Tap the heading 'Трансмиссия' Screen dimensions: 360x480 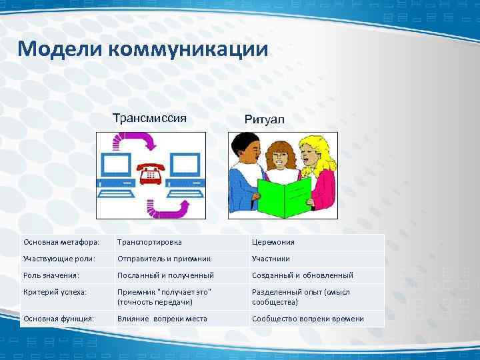[x=149, y=119]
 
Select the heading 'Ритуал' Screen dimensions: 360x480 [x=264, y=119]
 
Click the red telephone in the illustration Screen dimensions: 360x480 [x=151, y=175]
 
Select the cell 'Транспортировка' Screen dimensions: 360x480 [x=150, y=242]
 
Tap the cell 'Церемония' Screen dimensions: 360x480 [x=273, y=242]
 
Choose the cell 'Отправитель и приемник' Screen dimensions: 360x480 [x=164, y=259]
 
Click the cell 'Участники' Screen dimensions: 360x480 [x=271, y=259]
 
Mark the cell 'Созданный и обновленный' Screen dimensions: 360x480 [x=302, y=275]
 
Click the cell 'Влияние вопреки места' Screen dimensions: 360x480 [x=162, y=319]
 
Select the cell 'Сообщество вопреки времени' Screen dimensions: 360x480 [x=307, y=319]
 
